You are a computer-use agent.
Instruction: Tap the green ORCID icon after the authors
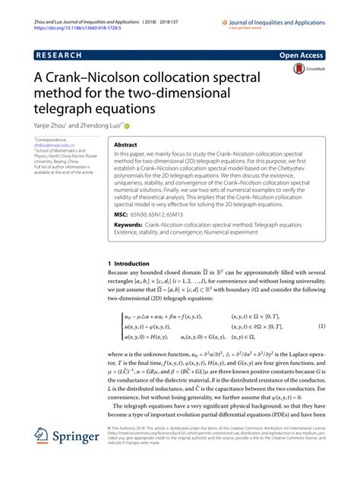point(127,125)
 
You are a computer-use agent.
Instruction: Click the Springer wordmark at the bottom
point(76,438)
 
